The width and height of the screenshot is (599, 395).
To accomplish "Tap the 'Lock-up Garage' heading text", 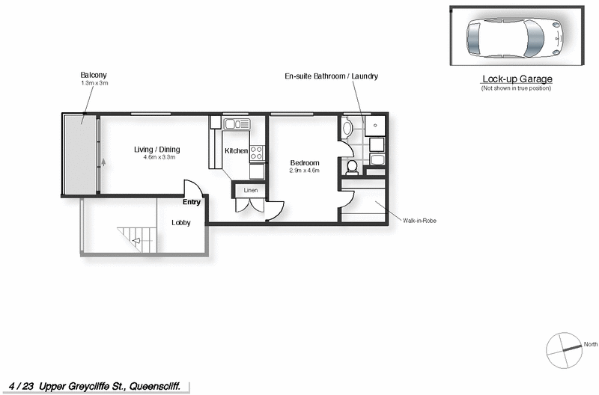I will click(x=515, y=79).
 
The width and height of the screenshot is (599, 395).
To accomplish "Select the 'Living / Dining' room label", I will click(x=156, y=150).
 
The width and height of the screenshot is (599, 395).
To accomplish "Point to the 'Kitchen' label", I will click(x=236, y=151).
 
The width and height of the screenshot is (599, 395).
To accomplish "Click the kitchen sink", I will click(x=235, y=123).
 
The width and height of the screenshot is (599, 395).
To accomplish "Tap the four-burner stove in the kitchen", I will click(x=257, y=153).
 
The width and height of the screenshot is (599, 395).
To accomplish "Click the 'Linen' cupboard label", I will click(x=250, y=191).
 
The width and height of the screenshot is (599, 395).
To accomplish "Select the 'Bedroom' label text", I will click(x=304, y=163).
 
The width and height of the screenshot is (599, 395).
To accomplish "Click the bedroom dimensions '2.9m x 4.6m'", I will click(x=304, y=171).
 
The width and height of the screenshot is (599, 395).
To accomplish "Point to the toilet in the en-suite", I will click(x=351, y=166).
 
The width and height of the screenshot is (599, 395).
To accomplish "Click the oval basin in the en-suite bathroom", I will click(x=346, y=128).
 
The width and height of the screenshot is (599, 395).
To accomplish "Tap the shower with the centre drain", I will click(x=374, y=126).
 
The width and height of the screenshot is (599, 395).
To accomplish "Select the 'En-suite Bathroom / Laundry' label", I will click(x=332, y=76).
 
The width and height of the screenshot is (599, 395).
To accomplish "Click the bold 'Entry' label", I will click(x=191, y=202).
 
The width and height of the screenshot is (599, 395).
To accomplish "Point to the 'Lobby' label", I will click(x=180, y=222).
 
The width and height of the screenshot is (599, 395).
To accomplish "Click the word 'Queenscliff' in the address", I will click(x=156, y=385).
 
